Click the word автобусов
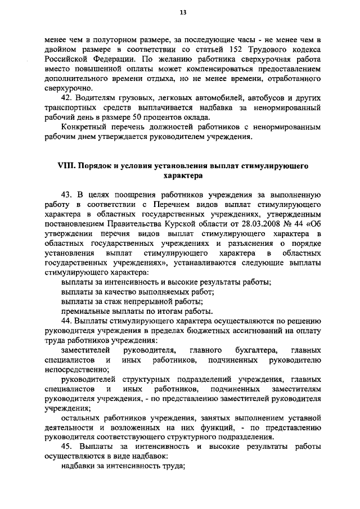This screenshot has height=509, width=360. [246, 97]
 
